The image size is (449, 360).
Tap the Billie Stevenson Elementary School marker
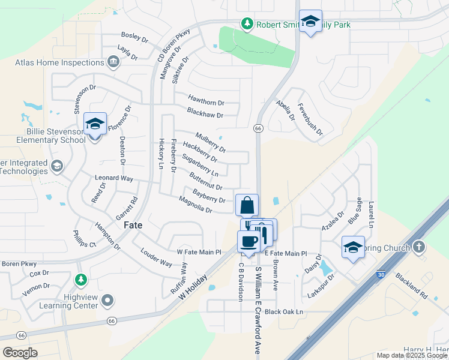pyautogui.click(x=95, y=124)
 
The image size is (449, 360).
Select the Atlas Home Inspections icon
pyautogui.click(x=113, y=62)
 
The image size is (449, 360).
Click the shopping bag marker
pyautogui.click(x=247, y=206)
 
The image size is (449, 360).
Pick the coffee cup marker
pyautogui.click(x=247, y=241)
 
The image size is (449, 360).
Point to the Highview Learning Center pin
pyautogui.click(x=107, y=299)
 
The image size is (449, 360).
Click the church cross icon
pyautogui.click(x=419, y=247)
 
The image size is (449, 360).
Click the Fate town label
pyautogui.click(x=133, y=226)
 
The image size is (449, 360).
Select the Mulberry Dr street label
pyautogui.click(x=211, y=142)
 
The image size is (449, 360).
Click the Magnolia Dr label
pyautogui.click(x=196, y=206)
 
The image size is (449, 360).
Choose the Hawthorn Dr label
pyautogui.click(x=206, y=103)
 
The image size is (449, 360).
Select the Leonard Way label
pyautogui.click(x=114, y=178)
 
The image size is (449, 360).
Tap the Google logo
pyautogui.click(x=20, y=352)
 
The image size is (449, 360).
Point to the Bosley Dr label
pyautogui.click(x=134, y=38)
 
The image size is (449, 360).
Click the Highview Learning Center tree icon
pyautogui.click(x=80, y=280)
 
